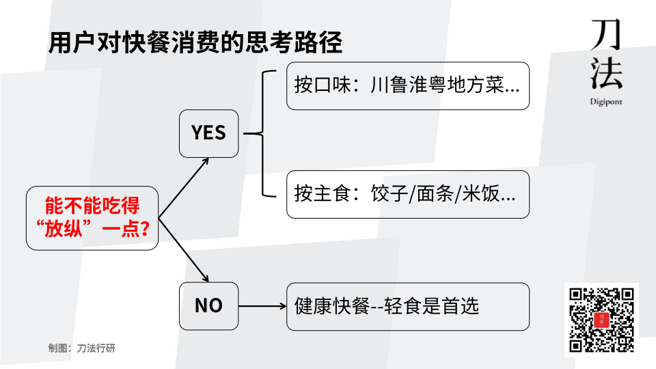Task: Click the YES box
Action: click(209, 133)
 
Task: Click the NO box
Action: click(209, 305)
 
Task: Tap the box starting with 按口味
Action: click(408, 86)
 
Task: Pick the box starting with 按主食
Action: click(408, 194)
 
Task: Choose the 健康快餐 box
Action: click(408, 305)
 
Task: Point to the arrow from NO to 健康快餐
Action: click(262, 306)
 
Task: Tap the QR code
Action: click(601, 320)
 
